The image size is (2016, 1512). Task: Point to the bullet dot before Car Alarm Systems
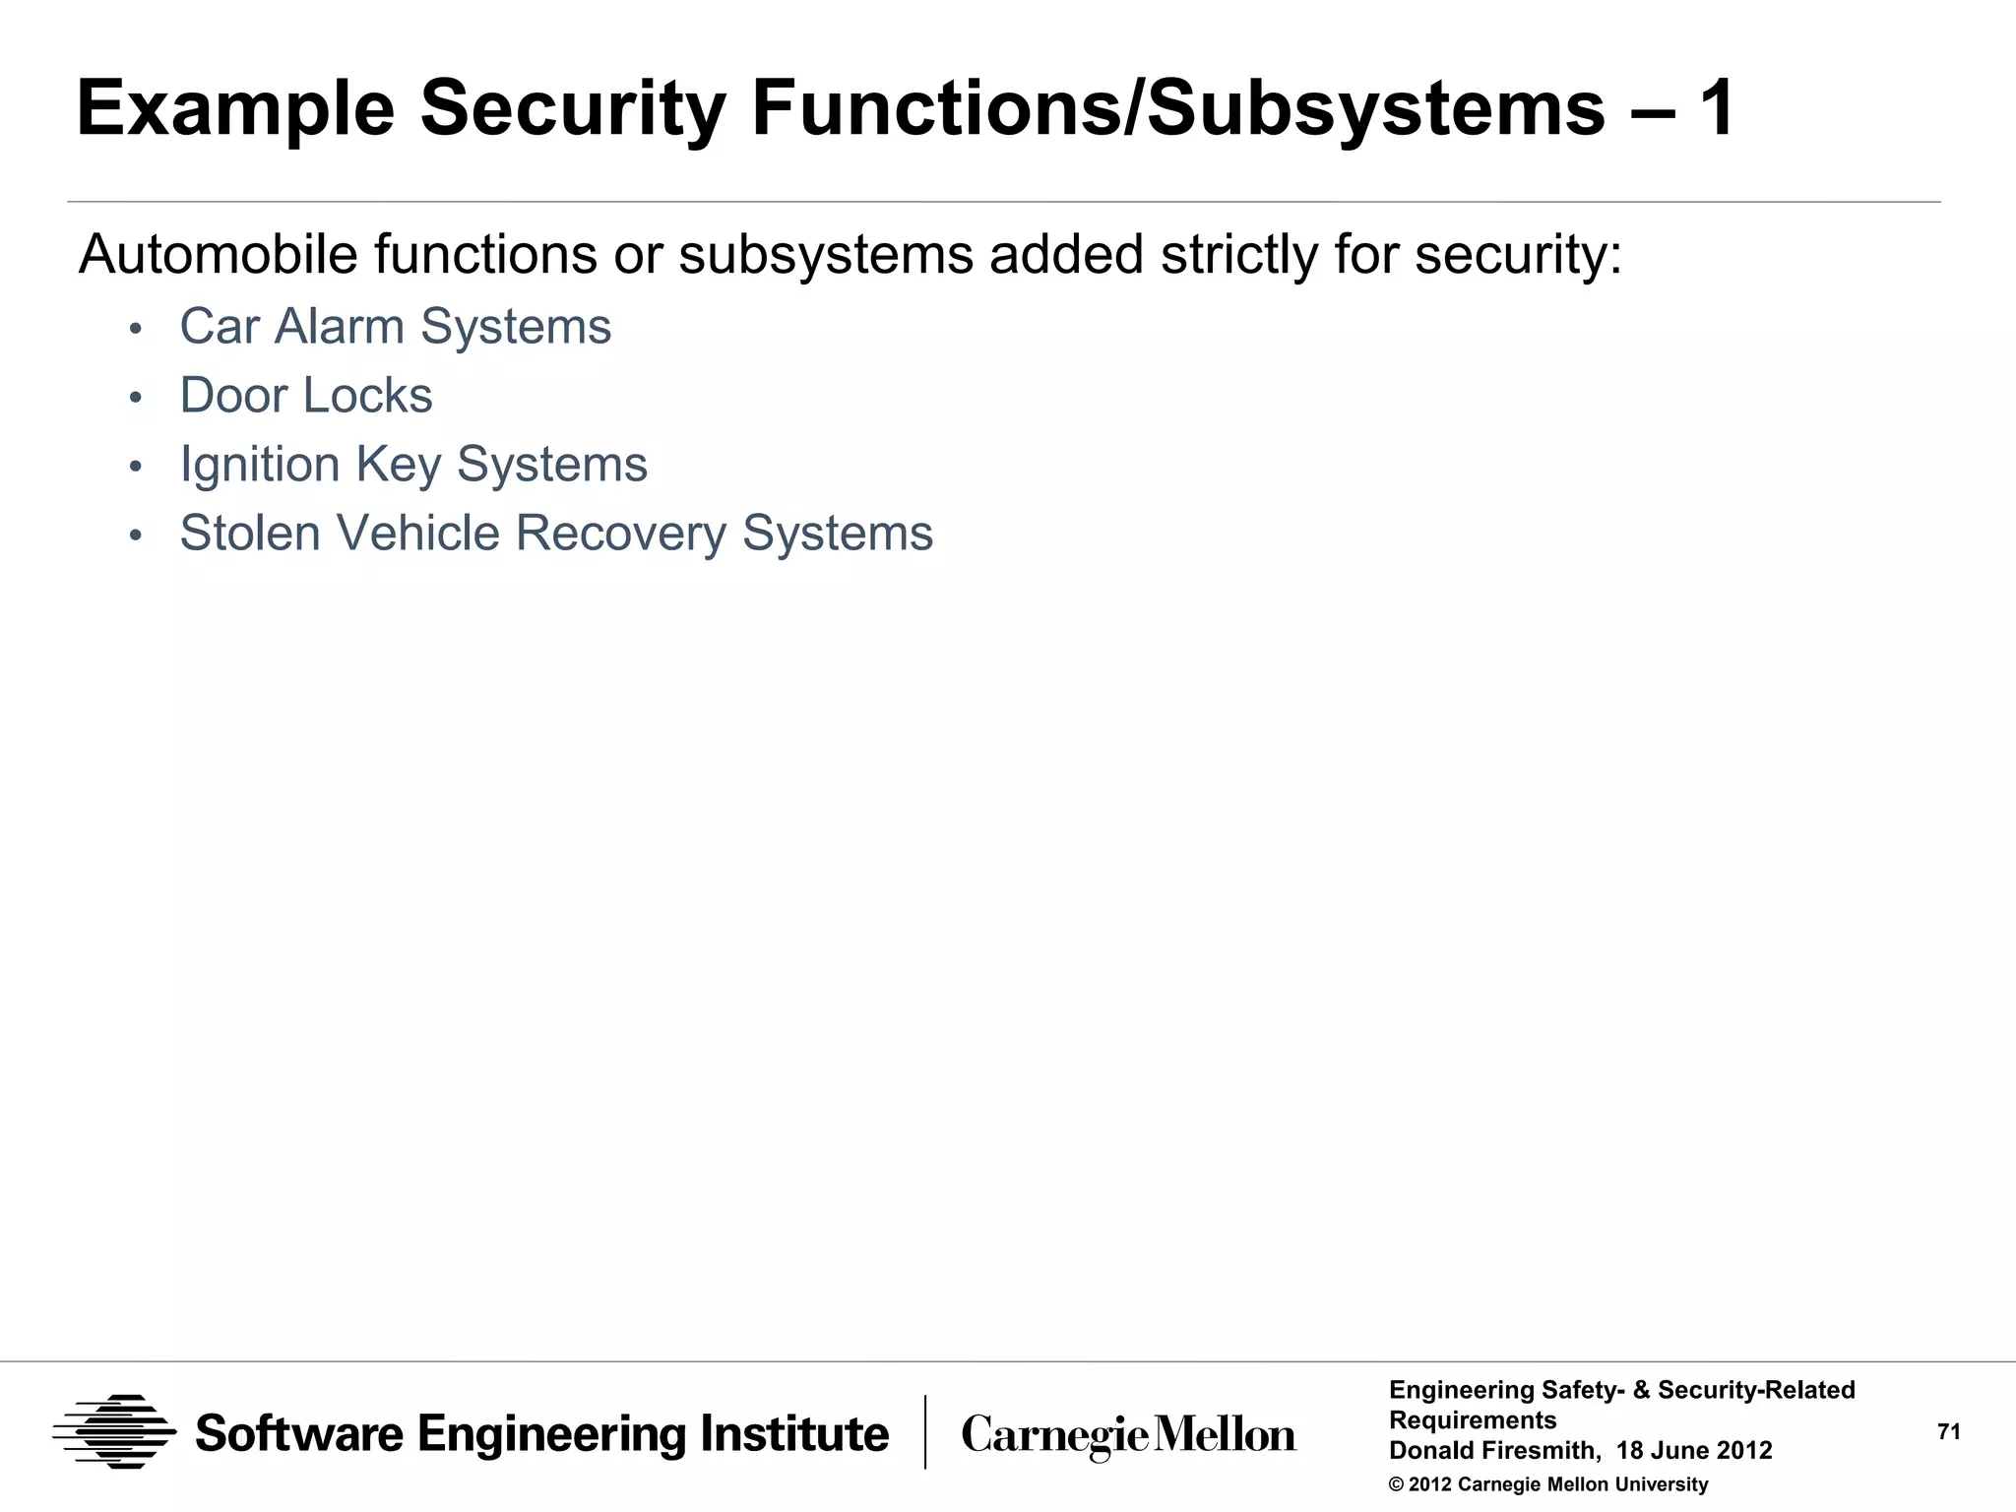click(x=136, y=329)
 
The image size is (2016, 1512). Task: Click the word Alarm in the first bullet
click(x=340, y=327)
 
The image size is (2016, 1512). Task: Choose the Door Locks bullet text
click(x=306, y=396)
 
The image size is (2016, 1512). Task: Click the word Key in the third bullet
click(x=399, y=465)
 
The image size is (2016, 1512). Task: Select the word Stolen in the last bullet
click(x=250, y=534)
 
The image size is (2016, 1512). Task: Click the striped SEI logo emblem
click(x=114, y=1431)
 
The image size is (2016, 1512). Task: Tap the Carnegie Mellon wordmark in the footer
click(x=1128, y=1435)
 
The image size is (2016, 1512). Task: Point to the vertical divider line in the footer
click(x=925, y=1431)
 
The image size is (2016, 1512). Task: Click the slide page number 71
click(x=1949, y=1432)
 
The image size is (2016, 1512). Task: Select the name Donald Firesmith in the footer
click(x=1492, y=1451)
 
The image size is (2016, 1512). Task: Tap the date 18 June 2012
click(x=1694, y=1451)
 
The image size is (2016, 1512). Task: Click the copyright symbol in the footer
click(x=1396, y=1485)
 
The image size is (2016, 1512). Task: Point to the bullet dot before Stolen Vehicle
click(x=136, y=535)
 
